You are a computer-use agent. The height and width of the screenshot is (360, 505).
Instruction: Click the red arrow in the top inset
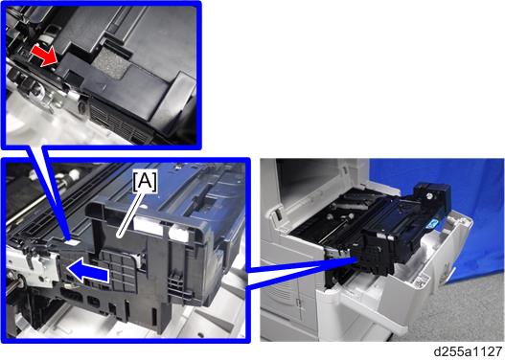(x=44, y=56)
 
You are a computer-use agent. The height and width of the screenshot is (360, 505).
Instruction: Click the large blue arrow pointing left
(x=87, y=272)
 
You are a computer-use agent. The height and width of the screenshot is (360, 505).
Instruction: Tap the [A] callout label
(x=146, y=182)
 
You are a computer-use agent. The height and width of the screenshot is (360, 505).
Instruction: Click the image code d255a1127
(x=468, y=351)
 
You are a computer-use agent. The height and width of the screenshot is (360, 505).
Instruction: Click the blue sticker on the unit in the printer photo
(x=433, y=223)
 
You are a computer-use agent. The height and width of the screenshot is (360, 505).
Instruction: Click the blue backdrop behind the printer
(x=473, y=206)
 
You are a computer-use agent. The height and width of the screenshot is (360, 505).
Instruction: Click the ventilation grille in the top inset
(x=119, y=123)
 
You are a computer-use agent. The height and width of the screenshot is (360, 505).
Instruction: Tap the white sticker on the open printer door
(x=421, y=281)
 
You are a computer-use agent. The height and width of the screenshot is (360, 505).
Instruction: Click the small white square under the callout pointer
(x=73, y=242)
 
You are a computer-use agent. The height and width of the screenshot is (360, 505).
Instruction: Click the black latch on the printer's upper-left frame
(x=274, y=214)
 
